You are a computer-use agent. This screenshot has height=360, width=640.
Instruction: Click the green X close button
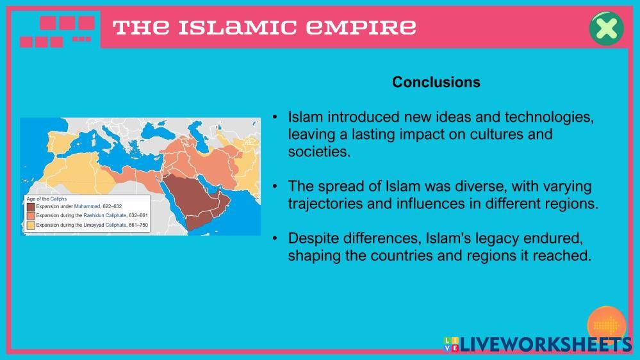pos(607,28)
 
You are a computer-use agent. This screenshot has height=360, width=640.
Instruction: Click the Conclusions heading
pos(436,82)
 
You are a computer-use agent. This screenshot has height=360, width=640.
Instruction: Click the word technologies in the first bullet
pos(549,117)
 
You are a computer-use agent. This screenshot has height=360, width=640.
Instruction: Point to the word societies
pos(319,152)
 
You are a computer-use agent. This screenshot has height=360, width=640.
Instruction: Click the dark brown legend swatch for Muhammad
pos(31,207)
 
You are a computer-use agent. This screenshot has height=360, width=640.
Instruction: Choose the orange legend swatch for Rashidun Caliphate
pos(31,216)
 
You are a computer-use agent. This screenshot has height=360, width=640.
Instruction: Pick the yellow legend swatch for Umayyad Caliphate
pos(31,225)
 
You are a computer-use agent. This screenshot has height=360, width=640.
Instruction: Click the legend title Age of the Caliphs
pos(47,199)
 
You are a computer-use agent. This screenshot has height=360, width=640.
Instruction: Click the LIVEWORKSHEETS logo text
pos(546,345)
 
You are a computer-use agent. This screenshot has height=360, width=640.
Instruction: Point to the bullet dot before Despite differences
pos(275,238)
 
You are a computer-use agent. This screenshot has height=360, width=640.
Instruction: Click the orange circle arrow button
pos(607,325)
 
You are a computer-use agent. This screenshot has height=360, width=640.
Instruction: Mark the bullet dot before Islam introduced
pos(275,117)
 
